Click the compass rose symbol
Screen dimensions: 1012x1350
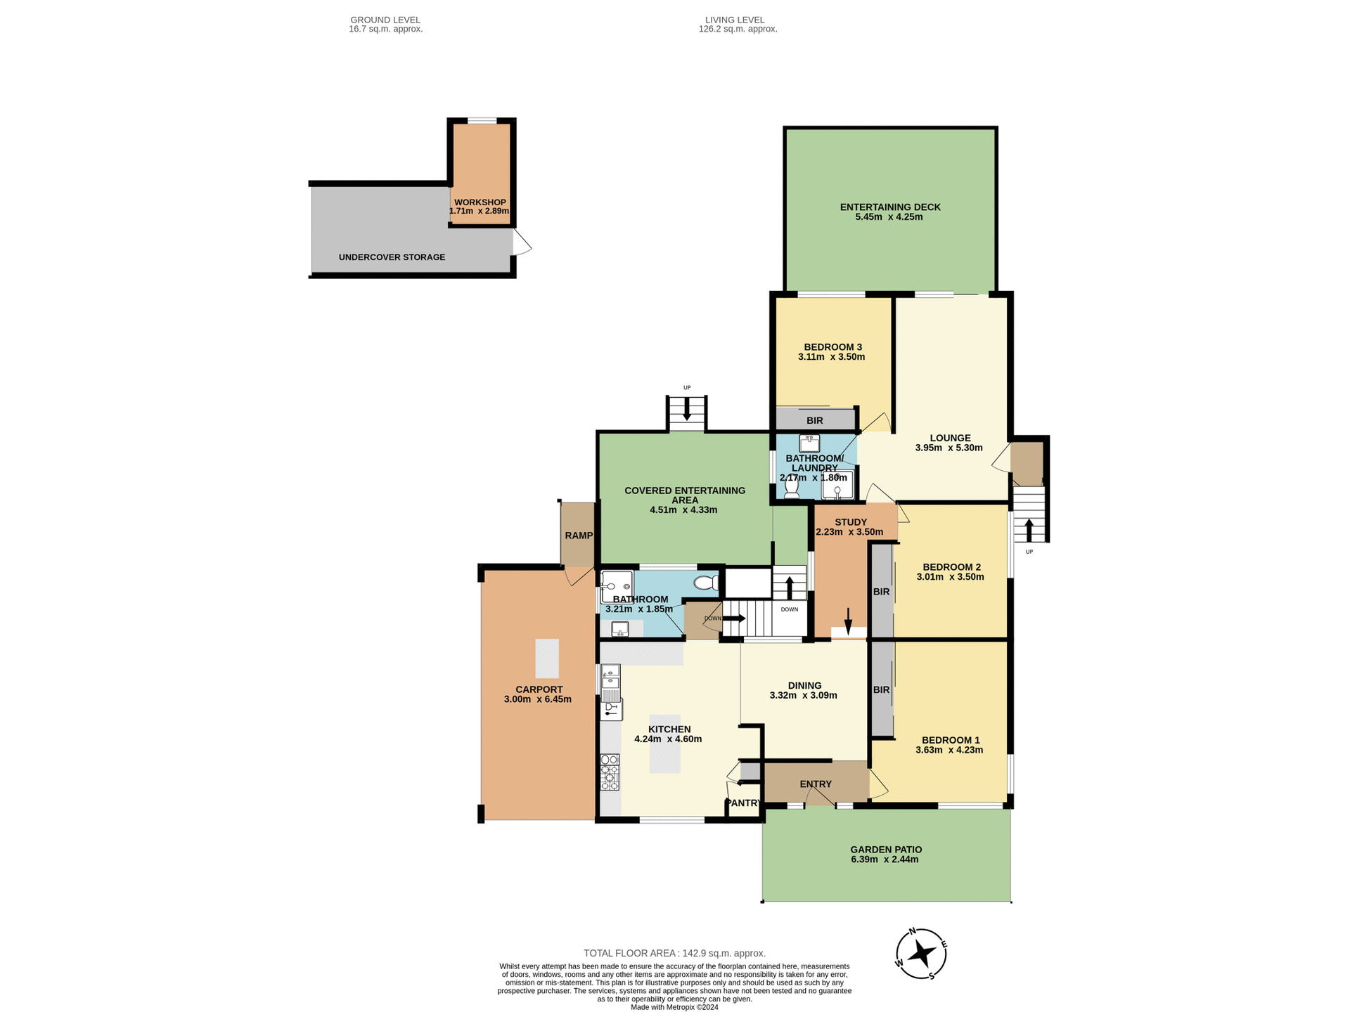(x=921, y=954)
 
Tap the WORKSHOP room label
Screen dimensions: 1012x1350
(x=480, y=202)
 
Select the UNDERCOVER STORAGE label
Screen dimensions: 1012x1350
(x=392, y=257)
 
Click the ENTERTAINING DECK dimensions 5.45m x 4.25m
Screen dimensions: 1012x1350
(x=889, y=217)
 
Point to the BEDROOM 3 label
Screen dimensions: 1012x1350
(x=832, y=347)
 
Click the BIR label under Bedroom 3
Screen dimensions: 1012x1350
(x=814, y=421)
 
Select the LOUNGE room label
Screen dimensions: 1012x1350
(x=950, y=438)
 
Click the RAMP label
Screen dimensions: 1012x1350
(x=579, y=536)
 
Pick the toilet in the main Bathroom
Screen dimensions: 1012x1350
(x=705, y=583)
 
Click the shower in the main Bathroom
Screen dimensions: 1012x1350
(x=617, y=586)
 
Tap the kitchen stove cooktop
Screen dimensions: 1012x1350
(x=610, y=772)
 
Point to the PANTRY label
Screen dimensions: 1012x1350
(x=743, y=803)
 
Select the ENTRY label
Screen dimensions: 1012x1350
(x=816, y=784)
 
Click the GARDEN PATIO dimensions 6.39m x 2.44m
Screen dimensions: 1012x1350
(x=885, y=859)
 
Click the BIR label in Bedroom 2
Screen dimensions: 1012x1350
(x=881, y=592)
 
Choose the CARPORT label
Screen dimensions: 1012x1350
(x=539, y=689)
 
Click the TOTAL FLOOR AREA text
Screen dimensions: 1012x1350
(x=674, y=953)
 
